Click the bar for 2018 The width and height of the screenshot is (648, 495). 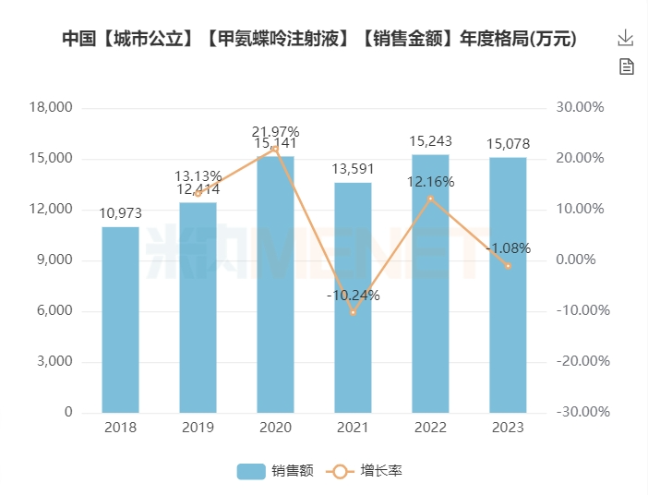click(x=121, y=320)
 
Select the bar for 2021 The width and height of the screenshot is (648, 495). click(x=353, y=297)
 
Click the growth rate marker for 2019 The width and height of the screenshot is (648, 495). click(x=198, y=193)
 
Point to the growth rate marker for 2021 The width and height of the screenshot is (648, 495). click(x=353, y=312)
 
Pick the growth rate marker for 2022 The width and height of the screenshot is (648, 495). click(x=430, y=199)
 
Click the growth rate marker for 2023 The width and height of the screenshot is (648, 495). click(x=508, y=266)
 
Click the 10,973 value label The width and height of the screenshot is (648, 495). click(x=121, y=213)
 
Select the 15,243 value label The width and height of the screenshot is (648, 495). click(x=430, y=141)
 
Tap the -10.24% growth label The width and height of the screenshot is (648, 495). click(x=353, y=296)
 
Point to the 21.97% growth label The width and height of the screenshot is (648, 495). click(x=275, y=131)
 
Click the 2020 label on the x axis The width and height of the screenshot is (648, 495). click(x=275, y=428)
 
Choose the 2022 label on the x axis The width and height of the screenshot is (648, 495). click(x=430, y=428)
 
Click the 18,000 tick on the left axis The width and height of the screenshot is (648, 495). click(x=52, y=107)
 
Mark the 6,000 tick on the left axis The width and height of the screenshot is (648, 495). click(x=55, y=310)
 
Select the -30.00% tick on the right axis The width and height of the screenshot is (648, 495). click(x=580, y=412)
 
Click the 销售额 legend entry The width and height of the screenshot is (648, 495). click(x=274, y=471)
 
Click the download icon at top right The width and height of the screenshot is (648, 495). click(x=626, y=38)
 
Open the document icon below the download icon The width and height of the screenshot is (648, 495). click(x=626, y=66)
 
